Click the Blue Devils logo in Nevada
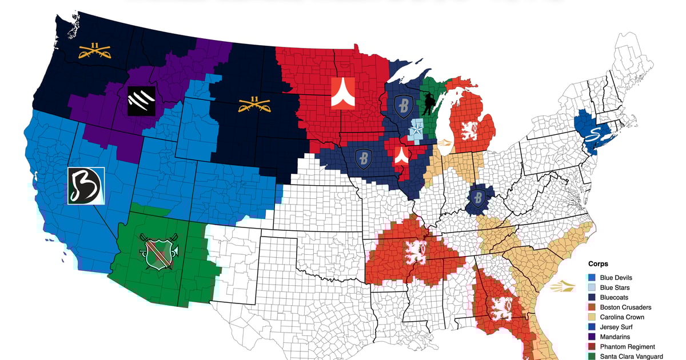[85, 185]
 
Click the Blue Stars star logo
[417, 131]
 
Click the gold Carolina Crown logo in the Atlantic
[563, 287]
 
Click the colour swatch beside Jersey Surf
[593, 327]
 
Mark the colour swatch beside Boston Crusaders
[593, 307]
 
